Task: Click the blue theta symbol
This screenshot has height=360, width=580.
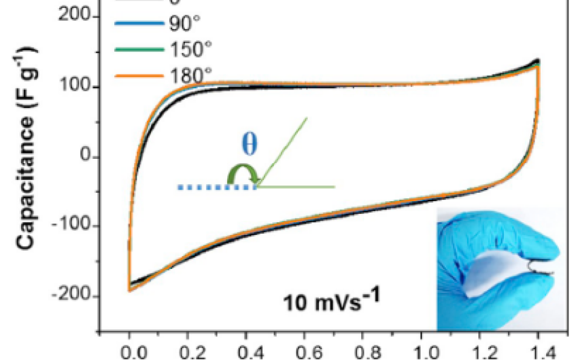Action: tap(249, 146)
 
